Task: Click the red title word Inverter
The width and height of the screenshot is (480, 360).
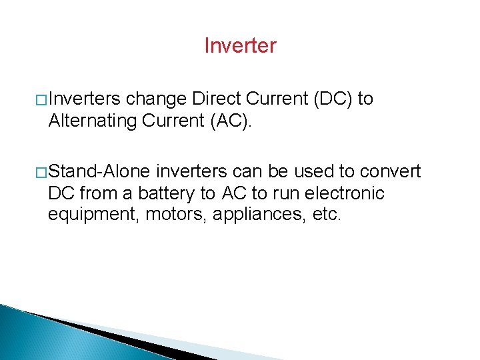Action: [x=240, y=46]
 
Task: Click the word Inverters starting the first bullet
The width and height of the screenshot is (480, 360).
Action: [x=85, y=99]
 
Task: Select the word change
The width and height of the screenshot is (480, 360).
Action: [x=156, y=99]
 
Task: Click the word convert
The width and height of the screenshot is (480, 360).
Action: [x=391, y=172]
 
